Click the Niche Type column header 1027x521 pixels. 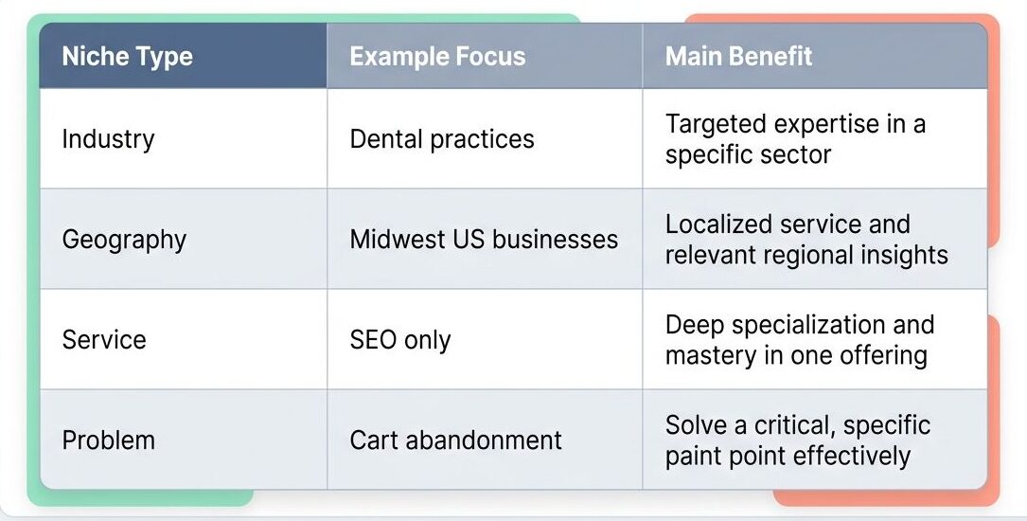[127, 56]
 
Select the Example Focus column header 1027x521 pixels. [437, 56]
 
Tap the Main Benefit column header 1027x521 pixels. [738, 56]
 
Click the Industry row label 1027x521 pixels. [108, 139]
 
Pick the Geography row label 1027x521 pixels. [124, 240]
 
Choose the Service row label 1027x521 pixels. [104, 339]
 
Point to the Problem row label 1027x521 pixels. [108, 440]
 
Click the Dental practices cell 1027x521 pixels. [442, 139]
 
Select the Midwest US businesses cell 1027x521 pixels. [484, 239]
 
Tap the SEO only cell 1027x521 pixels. [400, 339]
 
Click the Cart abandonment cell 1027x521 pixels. [455, 440]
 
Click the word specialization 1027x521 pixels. [804, 325]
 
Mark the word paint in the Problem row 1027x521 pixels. [694, 457]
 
